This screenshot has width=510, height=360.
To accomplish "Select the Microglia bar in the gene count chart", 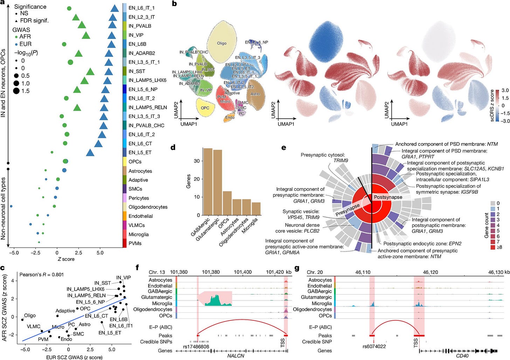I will point(256,209).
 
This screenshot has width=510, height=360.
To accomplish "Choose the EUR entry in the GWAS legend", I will point(26,44).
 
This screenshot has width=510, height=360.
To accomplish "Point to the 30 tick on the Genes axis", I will point(197,161).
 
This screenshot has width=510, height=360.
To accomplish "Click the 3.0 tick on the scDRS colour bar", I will point(505,90).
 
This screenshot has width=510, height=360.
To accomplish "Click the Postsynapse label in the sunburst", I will point(388,197).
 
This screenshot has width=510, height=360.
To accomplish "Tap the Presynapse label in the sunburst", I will point(347,209).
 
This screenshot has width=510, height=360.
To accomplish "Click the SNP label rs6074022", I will point(374,347).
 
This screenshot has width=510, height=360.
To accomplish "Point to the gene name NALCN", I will point(236,356).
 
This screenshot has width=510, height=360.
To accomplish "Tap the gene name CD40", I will point(462,356).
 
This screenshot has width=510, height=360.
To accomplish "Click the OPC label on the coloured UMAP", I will point(205,108).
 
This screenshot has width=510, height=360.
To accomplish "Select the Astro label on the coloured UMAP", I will point(255,94).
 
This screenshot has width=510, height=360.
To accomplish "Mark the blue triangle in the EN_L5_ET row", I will point(90,152).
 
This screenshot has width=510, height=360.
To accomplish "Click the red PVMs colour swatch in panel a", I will point(124,243).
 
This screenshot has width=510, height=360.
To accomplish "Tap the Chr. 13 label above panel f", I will point(157,272).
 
